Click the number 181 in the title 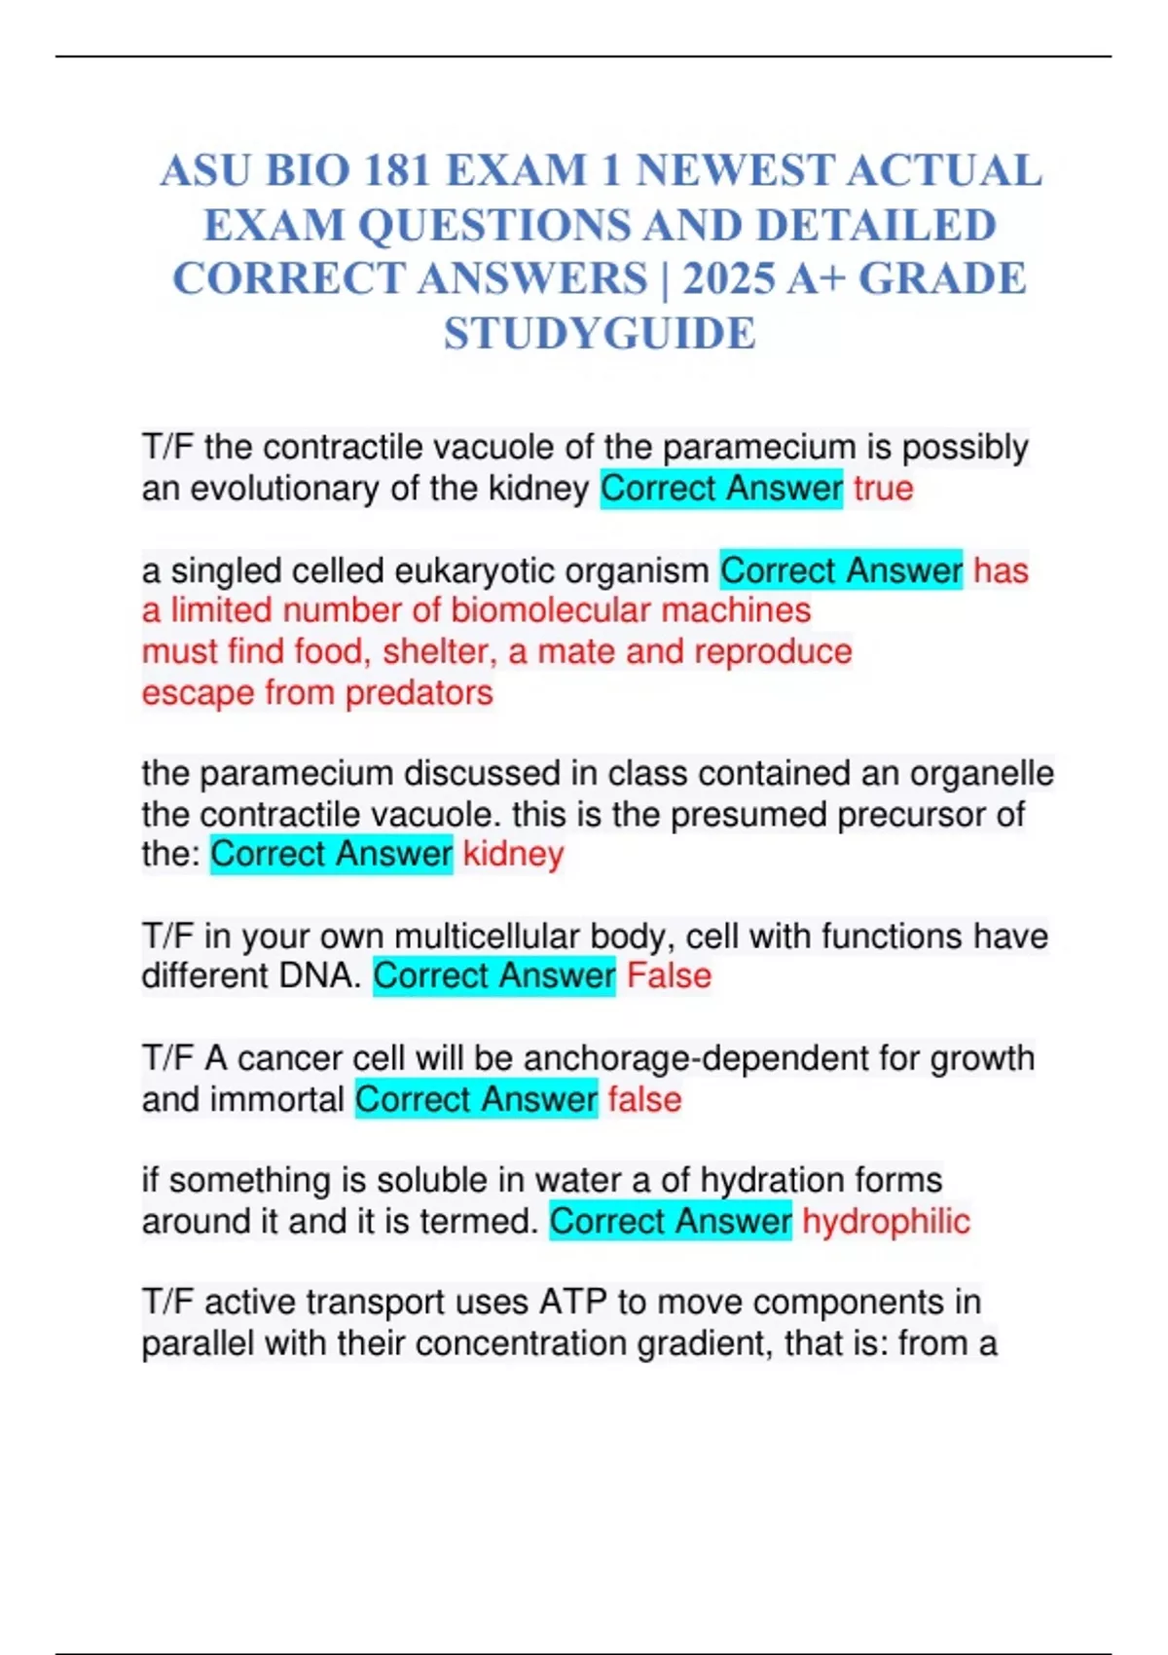pos(397,171)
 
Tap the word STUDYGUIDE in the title pos(600,333)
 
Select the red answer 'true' pos(883,488)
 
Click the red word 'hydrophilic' pos(886,1221)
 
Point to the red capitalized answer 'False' pos(669,975)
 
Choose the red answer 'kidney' pos(513,854)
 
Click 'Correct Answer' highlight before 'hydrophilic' pos(671,1221)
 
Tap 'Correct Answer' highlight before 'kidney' pos(331,854)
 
